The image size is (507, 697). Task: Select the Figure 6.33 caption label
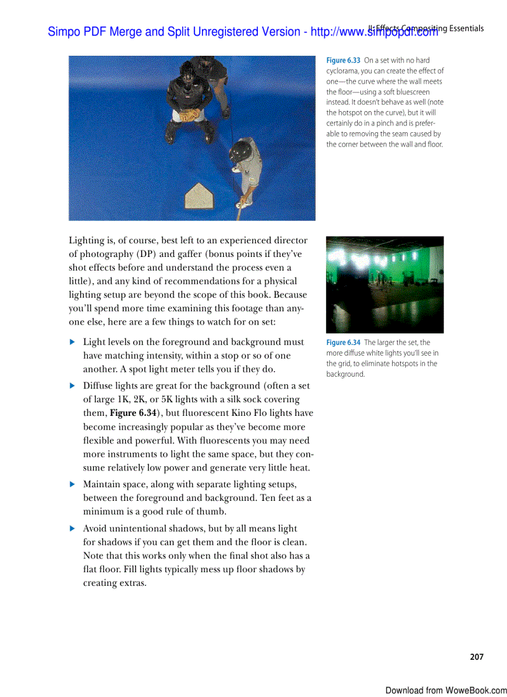click(344, 60)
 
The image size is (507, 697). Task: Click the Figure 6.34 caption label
click(344, 343)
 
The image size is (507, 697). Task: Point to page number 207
click(477, 657)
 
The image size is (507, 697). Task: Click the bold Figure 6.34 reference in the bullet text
click(133, 413)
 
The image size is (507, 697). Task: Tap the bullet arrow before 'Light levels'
click(72, 342)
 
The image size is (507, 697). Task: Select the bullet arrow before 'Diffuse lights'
click(72, 386)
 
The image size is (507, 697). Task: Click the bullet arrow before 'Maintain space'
click(72, 484)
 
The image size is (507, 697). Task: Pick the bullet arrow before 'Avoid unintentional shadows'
click(72, 529)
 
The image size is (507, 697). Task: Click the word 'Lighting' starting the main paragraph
click(87, 240)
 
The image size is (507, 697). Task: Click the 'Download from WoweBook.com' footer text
click(445, 690)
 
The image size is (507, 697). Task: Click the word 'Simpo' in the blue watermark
click(63, 32)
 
